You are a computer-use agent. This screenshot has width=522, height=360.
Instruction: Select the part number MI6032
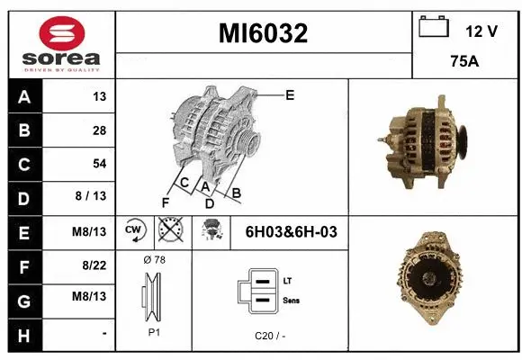click(x=264, y=34)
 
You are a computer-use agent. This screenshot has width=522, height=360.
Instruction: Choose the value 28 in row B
click(x=98, y=130)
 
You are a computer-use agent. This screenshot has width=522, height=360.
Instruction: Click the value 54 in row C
click(x=98, y=164)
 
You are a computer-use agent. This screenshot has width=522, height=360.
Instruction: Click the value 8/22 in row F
click(x=94, y=265)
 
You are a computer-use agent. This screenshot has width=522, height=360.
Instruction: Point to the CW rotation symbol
click(x=134, y=230)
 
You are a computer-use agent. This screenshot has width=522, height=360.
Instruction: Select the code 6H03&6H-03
click(x=291, y=232)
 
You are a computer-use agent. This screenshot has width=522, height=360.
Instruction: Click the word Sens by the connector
click(x=292, y=300)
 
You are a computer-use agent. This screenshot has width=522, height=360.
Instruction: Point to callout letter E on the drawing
click(x=290, y=94)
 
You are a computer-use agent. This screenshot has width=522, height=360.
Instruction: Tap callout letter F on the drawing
click(x=165, y=202)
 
